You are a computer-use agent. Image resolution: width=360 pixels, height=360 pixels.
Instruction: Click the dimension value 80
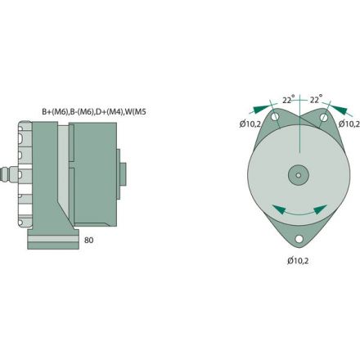point(89,241)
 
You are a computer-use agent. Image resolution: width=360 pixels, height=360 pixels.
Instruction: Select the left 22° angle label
point(287,99)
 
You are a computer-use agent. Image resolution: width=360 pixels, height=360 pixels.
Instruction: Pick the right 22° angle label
point(315,99)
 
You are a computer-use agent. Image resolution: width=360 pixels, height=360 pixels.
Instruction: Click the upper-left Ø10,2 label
point(251,124)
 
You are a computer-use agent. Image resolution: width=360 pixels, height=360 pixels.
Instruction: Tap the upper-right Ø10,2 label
point(349,124)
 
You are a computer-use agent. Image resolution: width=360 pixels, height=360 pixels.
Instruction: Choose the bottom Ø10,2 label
point(299,260)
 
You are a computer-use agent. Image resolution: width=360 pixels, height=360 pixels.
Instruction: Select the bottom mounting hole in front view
point(299,240)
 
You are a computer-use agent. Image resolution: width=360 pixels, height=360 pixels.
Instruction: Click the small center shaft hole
point(299,174)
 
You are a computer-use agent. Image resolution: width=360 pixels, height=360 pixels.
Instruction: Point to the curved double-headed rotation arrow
point(297,211)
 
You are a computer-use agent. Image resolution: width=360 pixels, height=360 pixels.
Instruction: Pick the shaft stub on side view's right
point(124,175)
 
